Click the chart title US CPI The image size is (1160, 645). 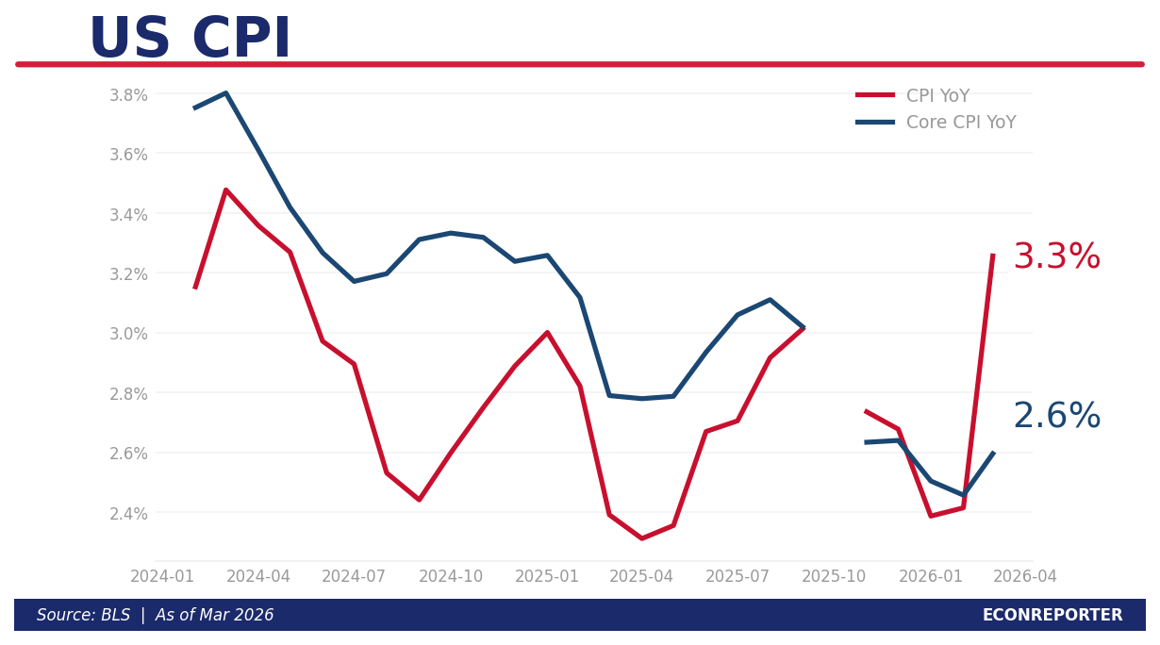(190, 40)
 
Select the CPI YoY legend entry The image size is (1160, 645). (937, 96)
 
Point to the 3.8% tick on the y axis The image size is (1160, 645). (128, 94)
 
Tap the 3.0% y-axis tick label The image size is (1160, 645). (128, 333)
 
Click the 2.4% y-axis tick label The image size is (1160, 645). (128, 513)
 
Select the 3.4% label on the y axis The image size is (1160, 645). (128, 214)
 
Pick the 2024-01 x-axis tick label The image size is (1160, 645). (162, 576)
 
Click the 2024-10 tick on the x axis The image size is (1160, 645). (451, 576)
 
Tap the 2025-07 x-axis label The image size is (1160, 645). (737, 576)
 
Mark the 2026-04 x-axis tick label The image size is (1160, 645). (1025, 576)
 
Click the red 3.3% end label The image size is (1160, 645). (1056, 257)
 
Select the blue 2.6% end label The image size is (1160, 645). (1056, 417)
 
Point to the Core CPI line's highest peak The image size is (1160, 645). (226, 92)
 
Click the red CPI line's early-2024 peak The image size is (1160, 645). (226, 190)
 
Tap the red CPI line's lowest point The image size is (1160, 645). (641, 538)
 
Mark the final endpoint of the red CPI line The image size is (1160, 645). (993, 255)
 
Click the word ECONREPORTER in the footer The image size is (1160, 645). (1052, 615)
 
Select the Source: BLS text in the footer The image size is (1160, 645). (83, 615)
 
